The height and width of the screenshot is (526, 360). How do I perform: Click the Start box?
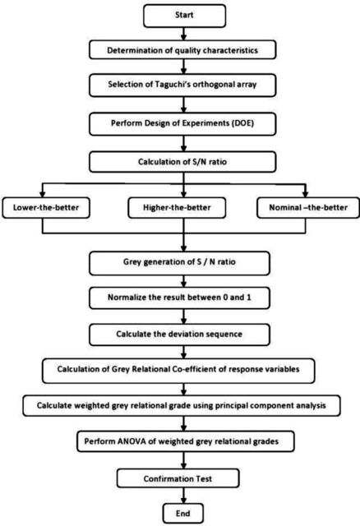pos(184,16)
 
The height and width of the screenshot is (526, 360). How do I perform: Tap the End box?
pos(183,513)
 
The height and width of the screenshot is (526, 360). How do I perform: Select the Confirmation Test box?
pos(178,478)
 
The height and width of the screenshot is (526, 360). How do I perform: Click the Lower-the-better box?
pos(46,208)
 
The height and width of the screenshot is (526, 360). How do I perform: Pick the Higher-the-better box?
pos(177,208)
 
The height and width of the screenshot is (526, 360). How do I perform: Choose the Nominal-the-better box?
pos(308,208)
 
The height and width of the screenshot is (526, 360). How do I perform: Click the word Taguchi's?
pos(173,84)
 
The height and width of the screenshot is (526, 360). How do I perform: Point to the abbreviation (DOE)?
pos(242,122)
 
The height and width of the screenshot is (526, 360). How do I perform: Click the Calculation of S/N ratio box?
pos(182,162)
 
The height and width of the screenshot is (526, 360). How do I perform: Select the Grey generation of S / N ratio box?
pos(179,263)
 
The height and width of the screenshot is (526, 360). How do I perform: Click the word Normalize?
pos(126,298)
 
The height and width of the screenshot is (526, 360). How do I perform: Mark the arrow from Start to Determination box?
pos(183,34)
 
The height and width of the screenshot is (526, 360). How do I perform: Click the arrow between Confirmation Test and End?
pos(183,496)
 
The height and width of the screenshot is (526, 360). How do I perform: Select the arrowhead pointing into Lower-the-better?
pos(42,194)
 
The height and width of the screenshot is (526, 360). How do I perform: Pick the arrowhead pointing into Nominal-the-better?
pos(305,194)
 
